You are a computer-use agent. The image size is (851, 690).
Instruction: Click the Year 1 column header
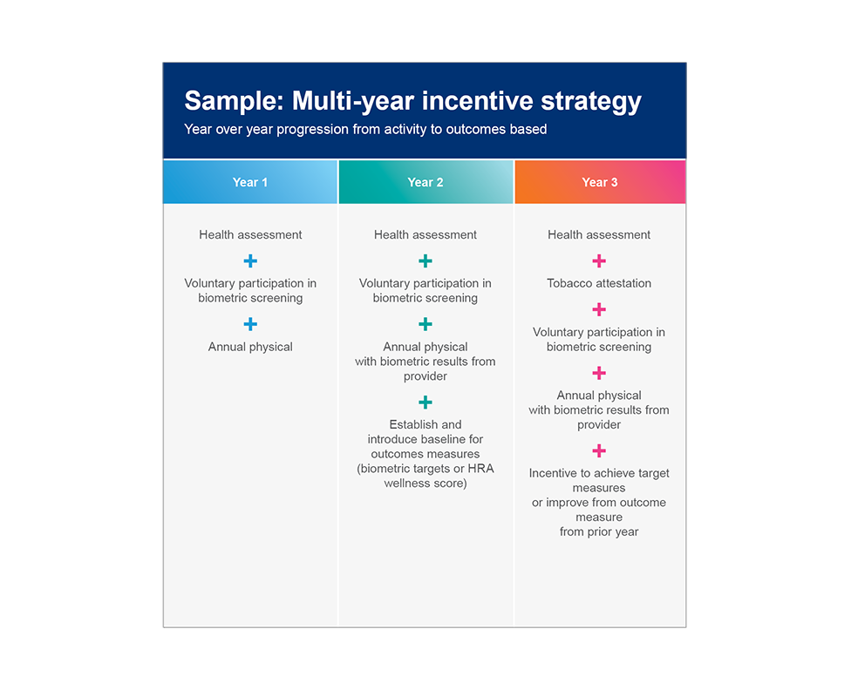click(250, 182)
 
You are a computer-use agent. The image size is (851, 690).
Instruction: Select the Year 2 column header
click(425, 182)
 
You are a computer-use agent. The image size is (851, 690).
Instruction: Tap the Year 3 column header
click(600, 182)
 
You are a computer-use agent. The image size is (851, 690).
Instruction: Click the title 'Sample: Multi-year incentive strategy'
click(413, 101)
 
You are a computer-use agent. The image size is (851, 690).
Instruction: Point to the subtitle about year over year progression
click(366, 130)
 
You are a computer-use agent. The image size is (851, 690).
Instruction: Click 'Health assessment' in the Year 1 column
click(250, 235)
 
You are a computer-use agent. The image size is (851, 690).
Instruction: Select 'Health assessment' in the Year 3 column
click(599, 235)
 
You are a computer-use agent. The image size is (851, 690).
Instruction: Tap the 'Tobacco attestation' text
click(599, 283)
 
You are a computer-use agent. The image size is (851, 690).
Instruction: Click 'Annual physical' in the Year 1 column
click(250, 347)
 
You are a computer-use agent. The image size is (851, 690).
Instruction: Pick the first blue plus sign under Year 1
click(250, 261)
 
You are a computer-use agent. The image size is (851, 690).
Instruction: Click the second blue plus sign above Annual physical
click(250, 324)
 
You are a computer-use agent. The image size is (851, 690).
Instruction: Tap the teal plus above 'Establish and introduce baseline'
click(425, 402)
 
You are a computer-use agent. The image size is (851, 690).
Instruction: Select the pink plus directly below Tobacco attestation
click(599, 310)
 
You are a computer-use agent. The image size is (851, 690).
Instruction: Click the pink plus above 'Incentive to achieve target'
click(599, 450)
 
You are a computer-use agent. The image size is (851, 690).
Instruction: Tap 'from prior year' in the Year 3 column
click(599, 532)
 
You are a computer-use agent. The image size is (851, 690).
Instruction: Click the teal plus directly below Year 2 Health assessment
click(425, 261)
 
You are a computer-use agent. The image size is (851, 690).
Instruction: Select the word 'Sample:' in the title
click(235, 101)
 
